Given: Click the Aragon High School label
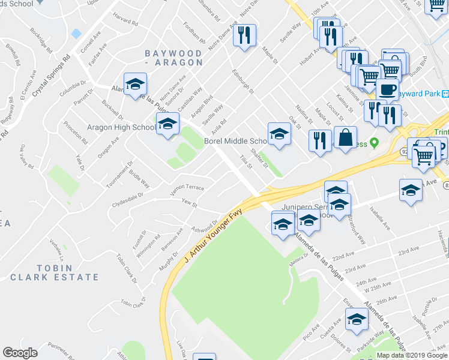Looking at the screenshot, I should pyautogui.click(x=121, y=127).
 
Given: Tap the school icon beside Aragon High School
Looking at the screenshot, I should pyautogui.click(x=167, y=125).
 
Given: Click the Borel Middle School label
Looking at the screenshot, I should pyautogui.click(x=235, y=141).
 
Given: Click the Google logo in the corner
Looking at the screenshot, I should pyautogui.click(x=20, y=353).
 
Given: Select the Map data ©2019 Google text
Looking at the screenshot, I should pyautogui.click(x=412, y=355).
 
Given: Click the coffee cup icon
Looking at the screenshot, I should pyautogui.click(x=387, y=90).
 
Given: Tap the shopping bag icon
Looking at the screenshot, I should pyautogui.click(x=345, y=139).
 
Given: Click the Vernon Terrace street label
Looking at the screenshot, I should pyautogui.click(x=187, y=188).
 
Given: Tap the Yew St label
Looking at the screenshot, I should pyautogui.click(x=189, y=204).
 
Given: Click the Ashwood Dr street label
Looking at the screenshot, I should pyautogui.click(x=204, y=226).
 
